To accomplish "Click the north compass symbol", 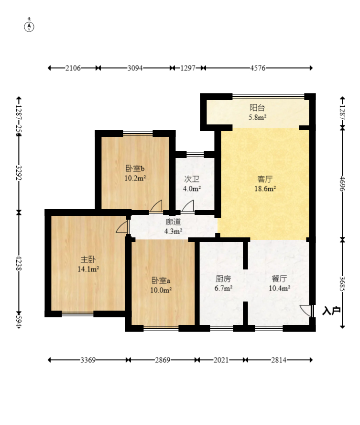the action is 29,26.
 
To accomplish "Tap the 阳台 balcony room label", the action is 257,108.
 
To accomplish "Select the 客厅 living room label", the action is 265,179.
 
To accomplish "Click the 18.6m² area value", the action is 265,189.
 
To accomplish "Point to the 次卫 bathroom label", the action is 192,179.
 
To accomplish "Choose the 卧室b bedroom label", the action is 135,168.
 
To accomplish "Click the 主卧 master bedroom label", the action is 88,259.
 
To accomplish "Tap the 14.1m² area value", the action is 88,269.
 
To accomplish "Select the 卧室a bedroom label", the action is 161,280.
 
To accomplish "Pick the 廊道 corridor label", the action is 173,222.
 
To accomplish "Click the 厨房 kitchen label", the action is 223,279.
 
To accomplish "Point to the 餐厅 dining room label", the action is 279,279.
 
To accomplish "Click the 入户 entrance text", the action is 331,311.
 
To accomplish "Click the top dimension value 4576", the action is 258,68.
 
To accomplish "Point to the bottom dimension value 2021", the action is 221,360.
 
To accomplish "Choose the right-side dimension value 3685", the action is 342,284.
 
